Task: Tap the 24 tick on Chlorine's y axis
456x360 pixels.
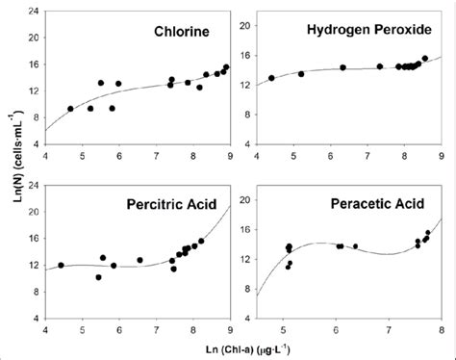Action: pyautogui.click(x=34, y=12)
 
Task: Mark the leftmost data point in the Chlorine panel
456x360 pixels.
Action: pyautogui.click(x=70, y=109)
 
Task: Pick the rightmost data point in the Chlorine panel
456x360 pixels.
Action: pyautogui.click(x=226, y=67)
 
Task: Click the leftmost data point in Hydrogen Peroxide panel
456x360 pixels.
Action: pyautogui.click(x=271, y=78)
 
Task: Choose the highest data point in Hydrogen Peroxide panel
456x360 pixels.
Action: pyautogui.click(x=424, y=58)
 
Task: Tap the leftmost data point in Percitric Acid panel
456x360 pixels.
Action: pyautogui.click(x=61, y=265)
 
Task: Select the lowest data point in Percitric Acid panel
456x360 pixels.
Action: pyautogui.click(x=98, y=277)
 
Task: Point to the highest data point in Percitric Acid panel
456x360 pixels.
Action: pyautogui.click(x=201, y=241)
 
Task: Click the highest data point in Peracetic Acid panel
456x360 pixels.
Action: pyautogui.click(x=428, y=232)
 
